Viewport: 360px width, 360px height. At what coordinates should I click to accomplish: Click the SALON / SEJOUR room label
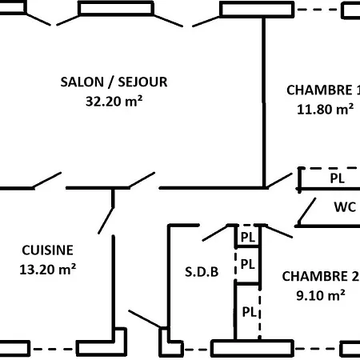click(x=114, y=82)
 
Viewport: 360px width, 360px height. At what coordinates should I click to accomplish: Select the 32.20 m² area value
click(x=114, y=101)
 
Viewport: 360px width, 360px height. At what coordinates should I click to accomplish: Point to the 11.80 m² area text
click(x=323, y=110)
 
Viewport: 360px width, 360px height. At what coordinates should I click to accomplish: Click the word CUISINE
click(x=47, y=250)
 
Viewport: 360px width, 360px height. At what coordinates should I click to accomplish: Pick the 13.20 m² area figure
click(x=47, y=270)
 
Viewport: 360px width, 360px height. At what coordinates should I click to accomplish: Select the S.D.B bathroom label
click(x=202, y=271)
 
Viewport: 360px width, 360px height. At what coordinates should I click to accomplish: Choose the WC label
click(x=345, y=207)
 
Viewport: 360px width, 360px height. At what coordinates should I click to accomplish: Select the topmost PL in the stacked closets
click(x=248, y=238)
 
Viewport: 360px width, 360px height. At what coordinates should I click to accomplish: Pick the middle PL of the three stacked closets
click(x=248, y=264)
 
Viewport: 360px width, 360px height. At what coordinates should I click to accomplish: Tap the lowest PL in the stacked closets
click(x=248, y=311)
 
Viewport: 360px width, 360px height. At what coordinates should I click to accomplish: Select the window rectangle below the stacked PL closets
click(x=252, y=349)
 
